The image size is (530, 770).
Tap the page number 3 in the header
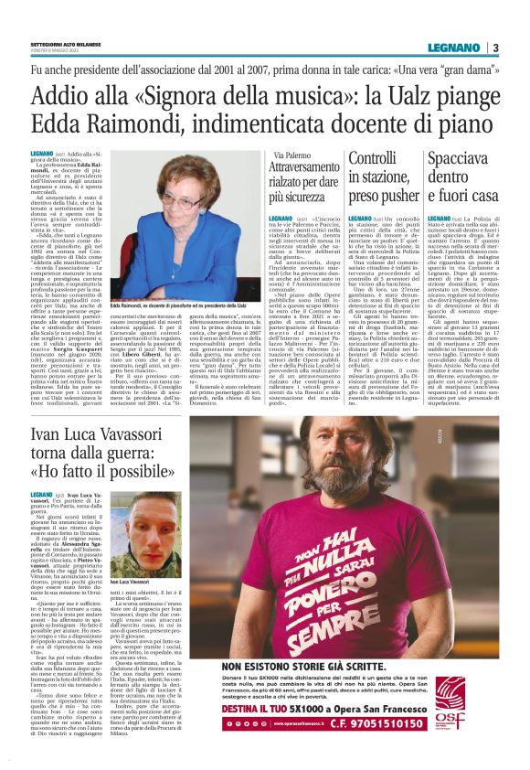coord(494,47)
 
